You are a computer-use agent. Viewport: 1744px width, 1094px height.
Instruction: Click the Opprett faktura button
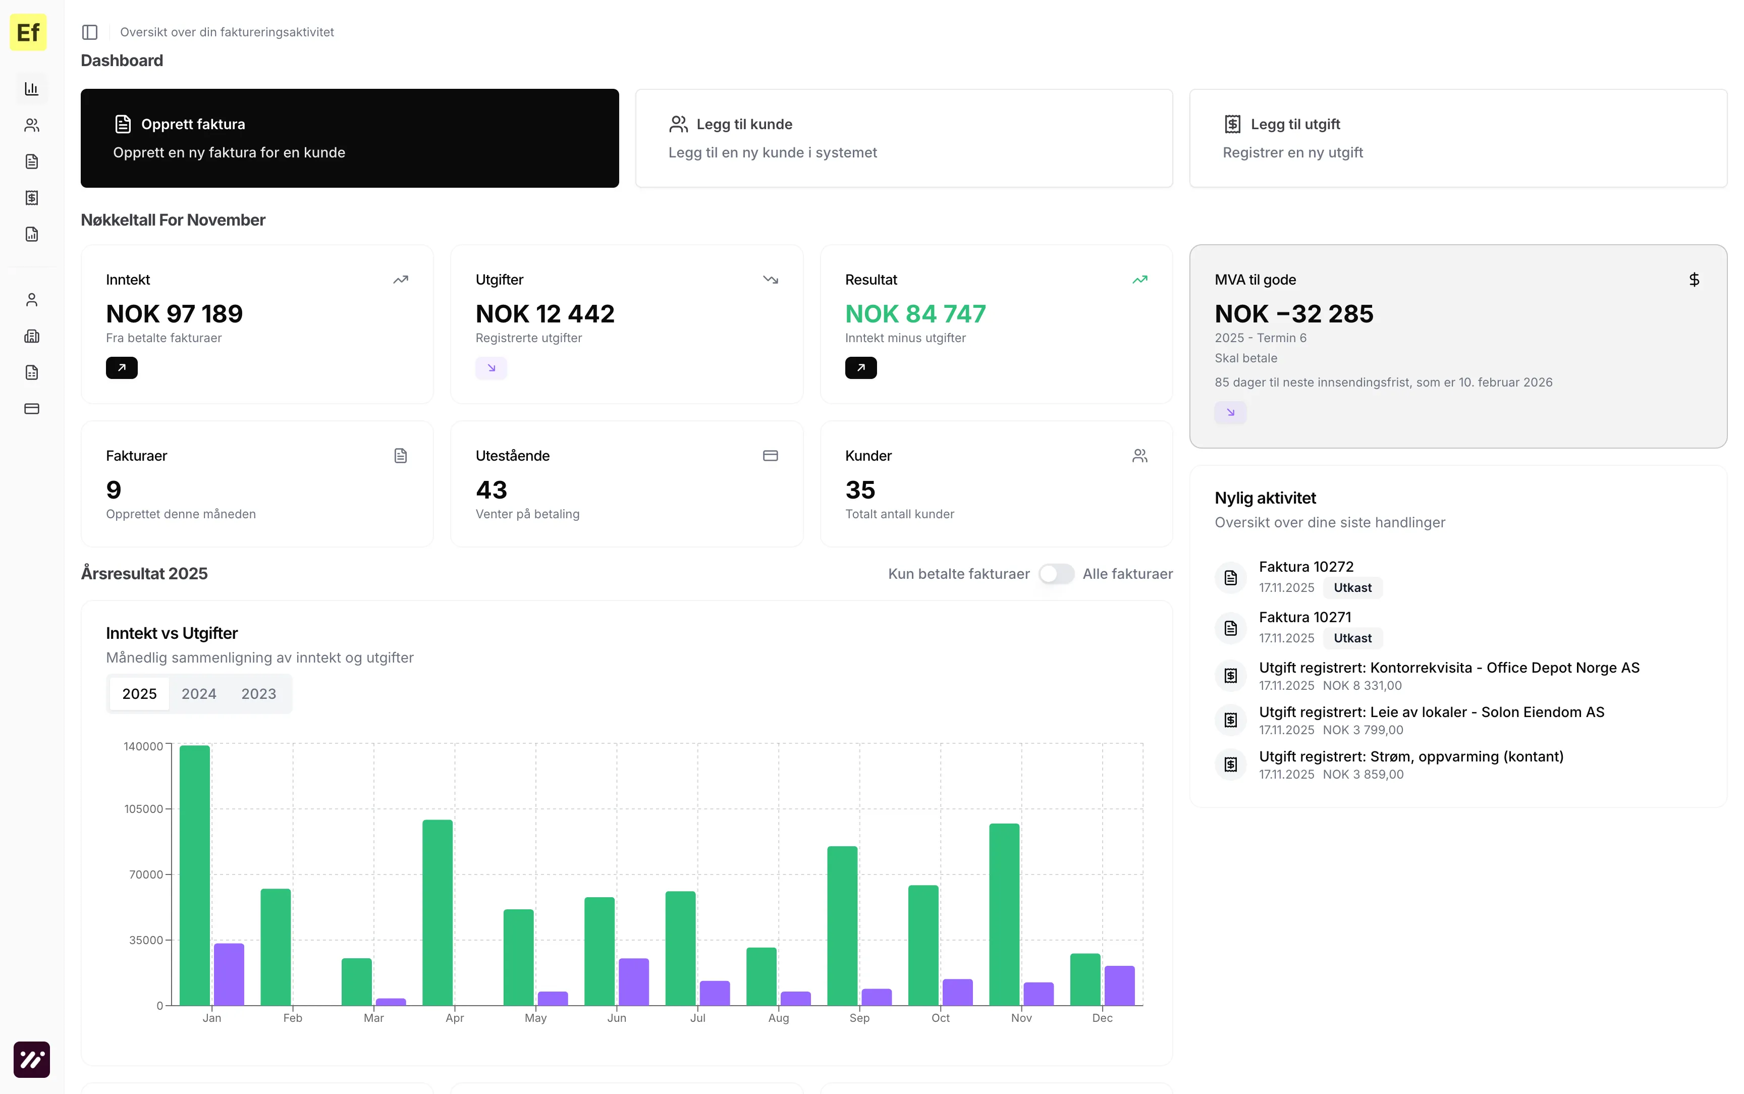coord(349,138)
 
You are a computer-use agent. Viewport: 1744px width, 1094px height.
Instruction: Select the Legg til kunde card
coord(903,138)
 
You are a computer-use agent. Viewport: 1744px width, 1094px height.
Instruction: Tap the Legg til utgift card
coord(1457,138)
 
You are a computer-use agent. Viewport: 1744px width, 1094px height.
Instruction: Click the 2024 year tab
coord(199,694)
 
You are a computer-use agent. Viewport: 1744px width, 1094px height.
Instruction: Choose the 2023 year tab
coord(258,694)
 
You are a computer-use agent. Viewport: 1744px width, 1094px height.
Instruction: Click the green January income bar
coord(195,875)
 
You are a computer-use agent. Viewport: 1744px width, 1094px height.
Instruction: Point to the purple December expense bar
coord(1119,986)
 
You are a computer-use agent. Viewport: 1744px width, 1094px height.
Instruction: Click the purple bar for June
coord(634,982)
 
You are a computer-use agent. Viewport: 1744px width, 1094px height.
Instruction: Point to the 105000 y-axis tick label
coord(143,809)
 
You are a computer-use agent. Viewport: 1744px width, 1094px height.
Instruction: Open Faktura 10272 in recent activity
coord(1305,567)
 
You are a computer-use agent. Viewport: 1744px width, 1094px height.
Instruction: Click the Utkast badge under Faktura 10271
coord(1352,638)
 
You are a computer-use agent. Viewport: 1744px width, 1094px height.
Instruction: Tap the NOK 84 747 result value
coord(915,314)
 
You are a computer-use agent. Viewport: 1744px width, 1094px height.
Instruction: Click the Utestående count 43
coord(491,490)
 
